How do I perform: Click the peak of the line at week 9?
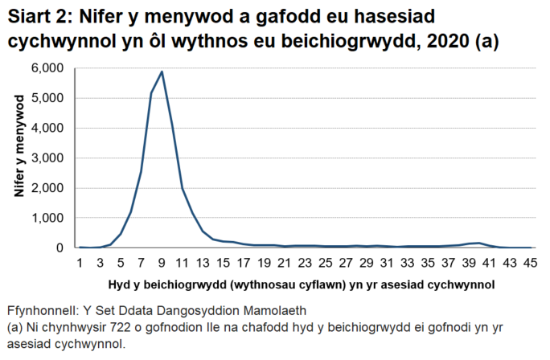162,72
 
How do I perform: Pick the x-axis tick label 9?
162,263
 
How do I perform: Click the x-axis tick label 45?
529,263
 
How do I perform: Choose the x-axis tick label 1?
80,263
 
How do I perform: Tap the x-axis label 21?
285,263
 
